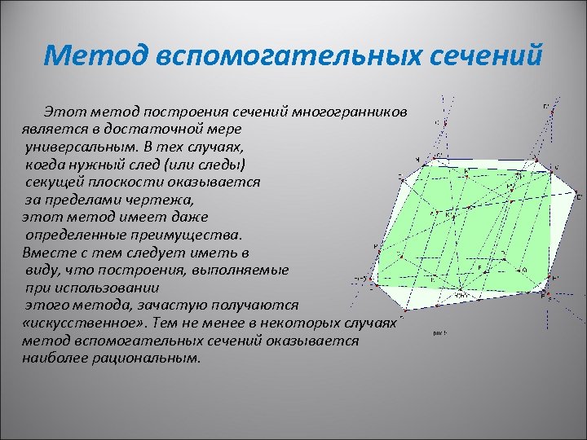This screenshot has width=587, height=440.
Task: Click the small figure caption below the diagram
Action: [x=440, y=333]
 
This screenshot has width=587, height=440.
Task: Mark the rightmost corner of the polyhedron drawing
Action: [x=580, y=196]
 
